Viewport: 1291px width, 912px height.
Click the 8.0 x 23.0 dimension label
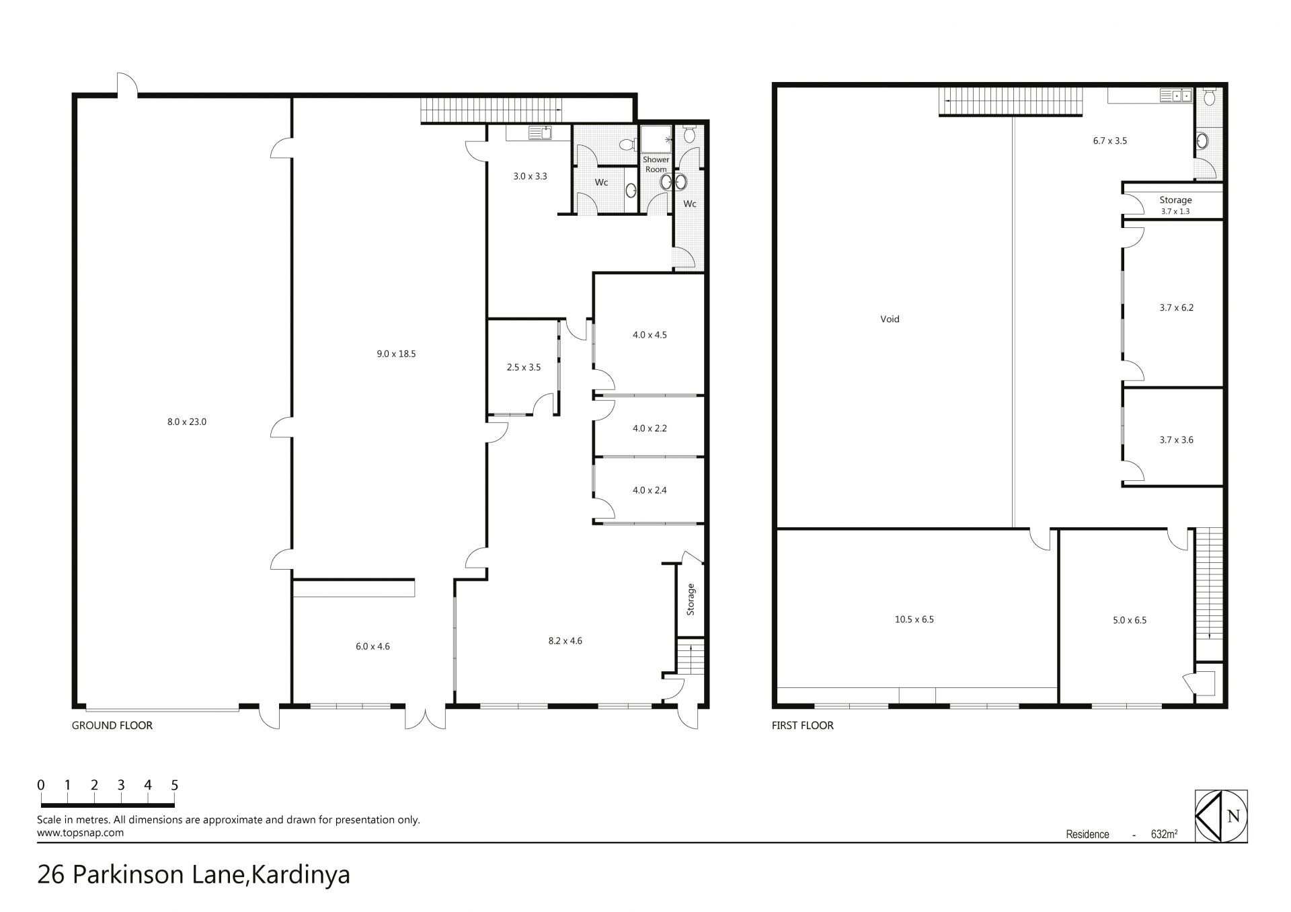pos(187,422)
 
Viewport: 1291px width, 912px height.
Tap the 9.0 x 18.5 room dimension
pos(396,354)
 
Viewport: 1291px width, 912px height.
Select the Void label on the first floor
pos(890,319)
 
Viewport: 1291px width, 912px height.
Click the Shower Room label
pos(656,165)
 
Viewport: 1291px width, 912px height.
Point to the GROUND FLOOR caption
pos(112,726)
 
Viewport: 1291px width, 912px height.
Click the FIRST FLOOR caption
pos(803,726)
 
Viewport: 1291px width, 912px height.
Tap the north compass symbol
pos(1221,816)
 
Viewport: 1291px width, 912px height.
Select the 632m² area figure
pos(1164,835)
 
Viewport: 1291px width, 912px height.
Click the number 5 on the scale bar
pos(174,785)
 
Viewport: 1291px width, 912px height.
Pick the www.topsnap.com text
pos(80,833)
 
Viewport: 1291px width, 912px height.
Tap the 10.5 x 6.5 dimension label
pos(914,619)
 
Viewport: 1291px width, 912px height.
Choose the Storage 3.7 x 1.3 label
pos(1175,205)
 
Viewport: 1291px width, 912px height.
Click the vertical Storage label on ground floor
pos(691,600)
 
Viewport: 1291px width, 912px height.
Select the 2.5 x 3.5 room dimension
pos(523,368)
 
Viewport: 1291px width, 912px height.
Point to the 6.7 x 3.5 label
pos(1110,141)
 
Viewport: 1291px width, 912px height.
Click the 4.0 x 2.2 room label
pos(650,428)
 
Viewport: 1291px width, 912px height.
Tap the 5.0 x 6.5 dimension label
pos(1130,620)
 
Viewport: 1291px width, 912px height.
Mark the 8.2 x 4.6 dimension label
pos(565,641)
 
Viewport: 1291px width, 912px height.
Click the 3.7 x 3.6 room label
pos(1176,441)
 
